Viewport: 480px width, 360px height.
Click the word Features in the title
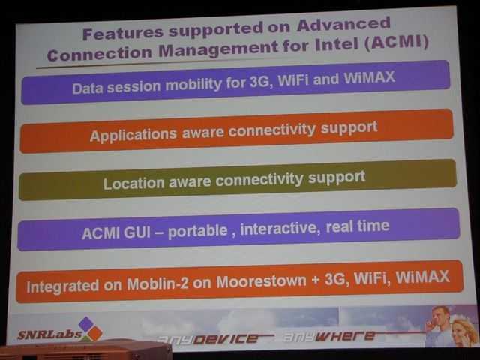(x=122, y=33)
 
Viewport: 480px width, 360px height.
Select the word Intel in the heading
(x=337, y=45)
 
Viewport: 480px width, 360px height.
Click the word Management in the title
(x=218, y=50)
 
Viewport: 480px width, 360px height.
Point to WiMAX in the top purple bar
(x=369, y=77)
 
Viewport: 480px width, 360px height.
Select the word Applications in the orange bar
(x=133, y=135)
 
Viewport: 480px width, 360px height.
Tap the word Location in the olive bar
(x=134, y=184)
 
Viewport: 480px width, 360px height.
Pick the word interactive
(x=280, y=229)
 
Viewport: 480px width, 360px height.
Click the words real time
(x=358, y=226)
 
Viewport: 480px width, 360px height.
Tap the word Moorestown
(x=261, y=281)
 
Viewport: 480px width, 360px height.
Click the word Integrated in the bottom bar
(x=63, y=286)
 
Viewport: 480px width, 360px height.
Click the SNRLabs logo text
(x=49, y=334)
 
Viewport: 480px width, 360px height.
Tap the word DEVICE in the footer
(x=226, y=338)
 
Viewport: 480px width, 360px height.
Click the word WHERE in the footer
(x=345, y=336)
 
